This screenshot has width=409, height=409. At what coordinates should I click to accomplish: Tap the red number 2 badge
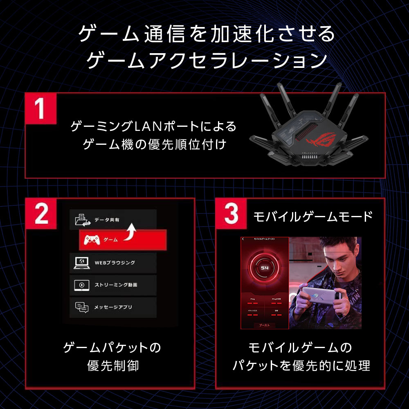(x=40, y=213)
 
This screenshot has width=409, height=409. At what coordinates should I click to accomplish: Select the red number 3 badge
(x=231, y=213)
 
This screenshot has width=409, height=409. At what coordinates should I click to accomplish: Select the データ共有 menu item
(x=112, y=220)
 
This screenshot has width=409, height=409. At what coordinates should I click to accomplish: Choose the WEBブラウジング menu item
(x=112, y=263)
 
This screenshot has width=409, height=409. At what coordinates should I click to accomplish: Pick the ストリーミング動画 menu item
(x=112, y=285)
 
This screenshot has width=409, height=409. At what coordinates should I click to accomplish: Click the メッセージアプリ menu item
(x=112, y=307)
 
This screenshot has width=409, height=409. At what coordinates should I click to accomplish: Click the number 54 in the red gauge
(x=264, y=267)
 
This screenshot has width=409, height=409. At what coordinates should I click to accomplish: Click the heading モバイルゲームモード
(x=313, y=216)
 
